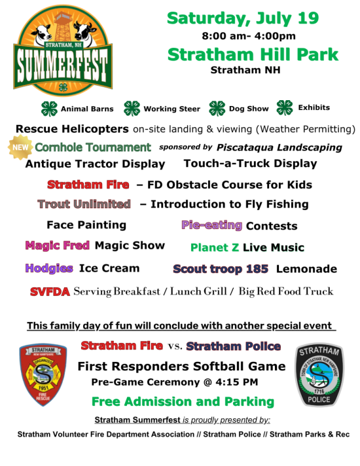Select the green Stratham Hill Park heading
pyautogui.click(x=253, y=54)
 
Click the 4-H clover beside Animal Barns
pyautogui.click(x=49, y=108)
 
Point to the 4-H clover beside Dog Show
pyautogui.click(x=217, y=108)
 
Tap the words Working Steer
pyautogui.click(x=172, y=109)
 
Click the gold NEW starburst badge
pyautogui.click(x=19, y=147)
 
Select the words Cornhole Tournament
pyautogui.click(x=93, y=147)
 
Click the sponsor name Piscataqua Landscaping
pyautogui.click(x=279, y=147)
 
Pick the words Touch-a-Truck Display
pyautogui.click(x=250, y=164)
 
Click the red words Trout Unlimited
pyautogui.click(x=84, y=204)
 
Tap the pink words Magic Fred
pyautogui.click(x=58, y=246)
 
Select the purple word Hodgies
pyautogui.click(x=49, y=268)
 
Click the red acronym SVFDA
pyautogui.click(x=50, y=291)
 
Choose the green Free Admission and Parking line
pyautogui.click(x=183, y=401)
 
